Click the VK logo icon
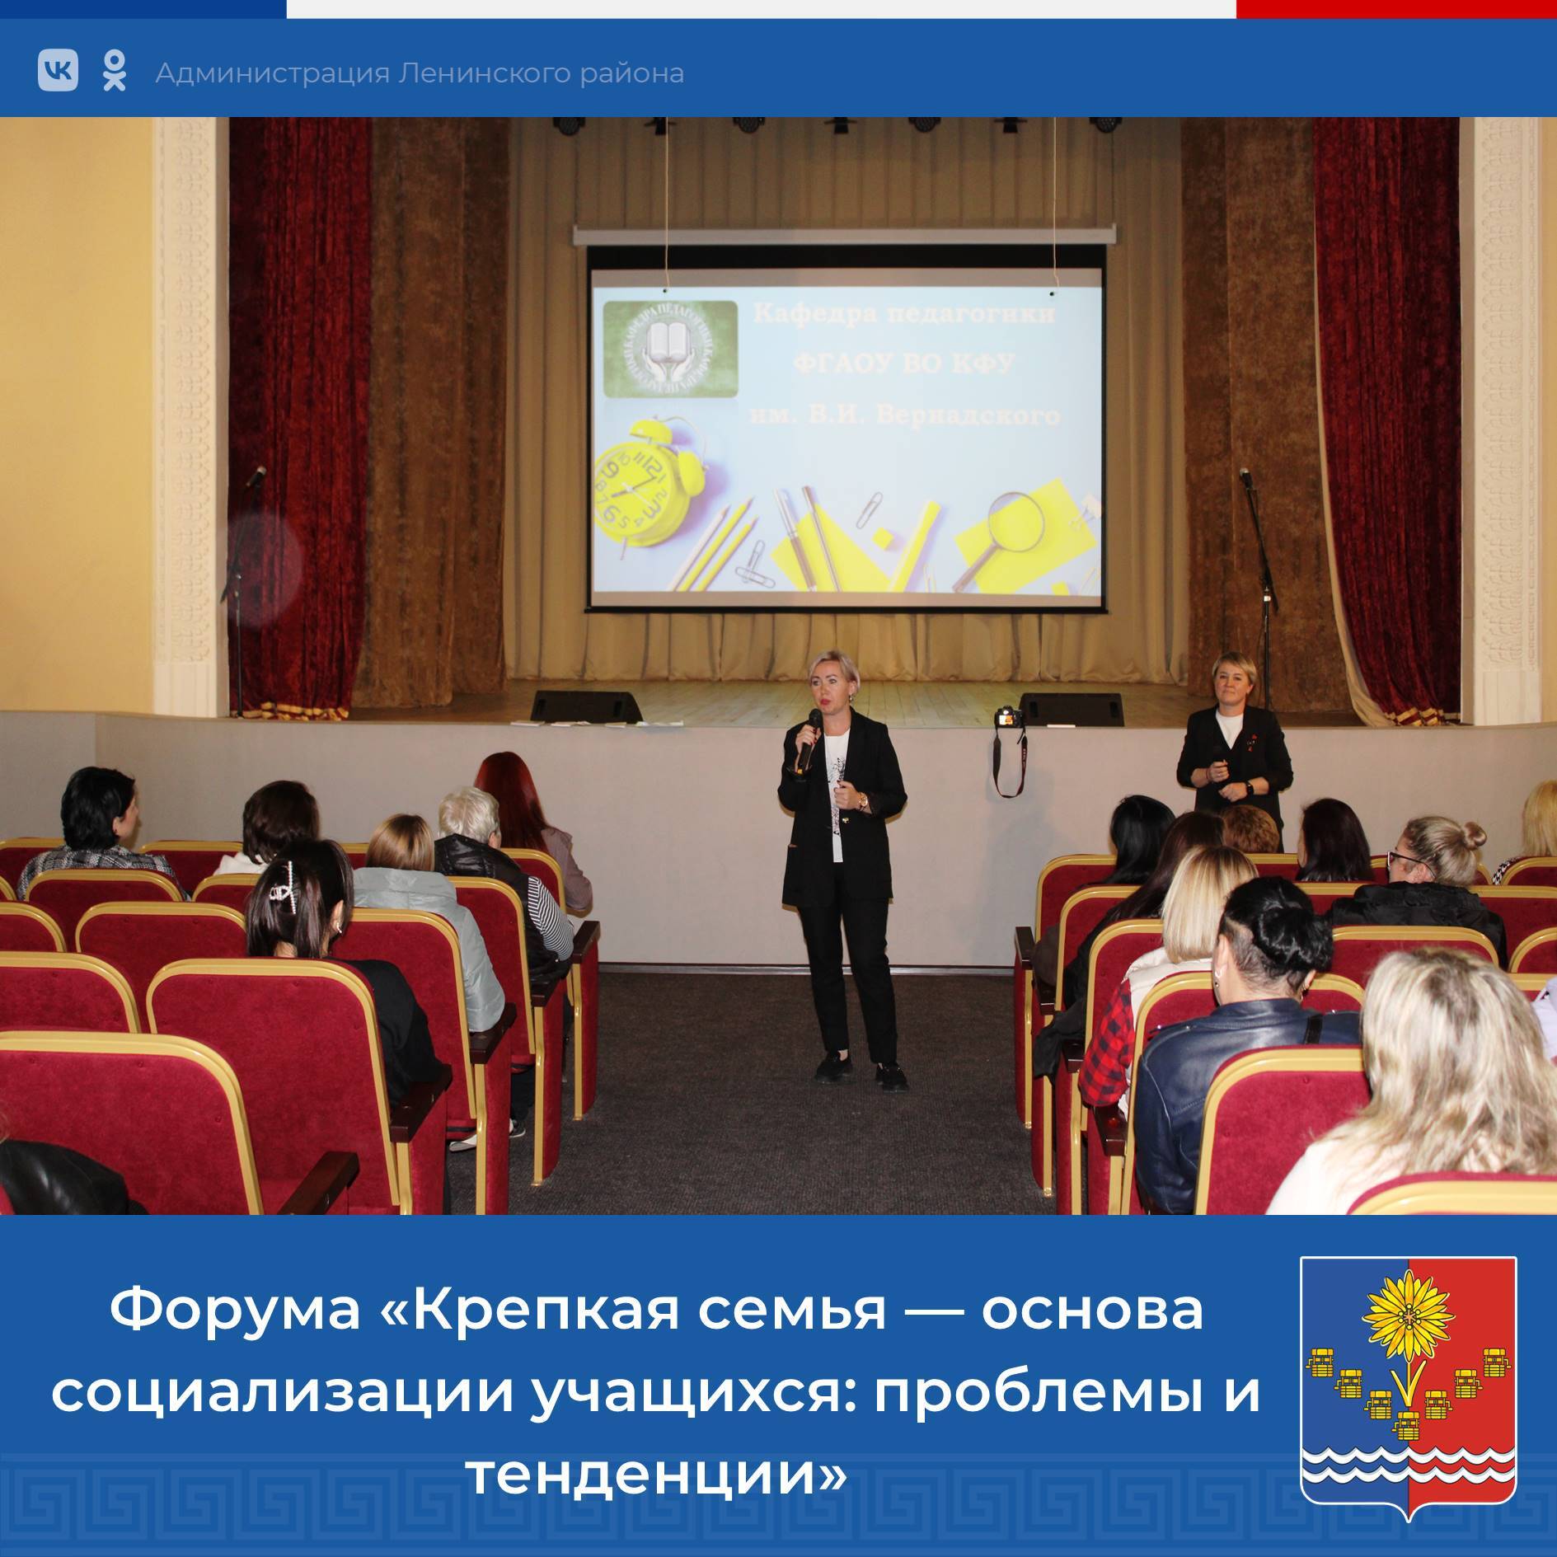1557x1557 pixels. (58, 70)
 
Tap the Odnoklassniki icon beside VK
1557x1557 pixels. (115, 70)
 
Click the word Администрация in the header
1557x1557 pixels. (272, 74)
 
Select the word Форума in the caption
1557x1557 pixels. (235, 1311)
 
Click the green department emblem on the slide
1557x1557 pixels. (670, 349)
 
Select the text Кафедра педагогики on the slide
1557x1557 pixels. (904, 314)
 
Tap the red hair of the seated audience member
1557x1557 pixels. (499, 779)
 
